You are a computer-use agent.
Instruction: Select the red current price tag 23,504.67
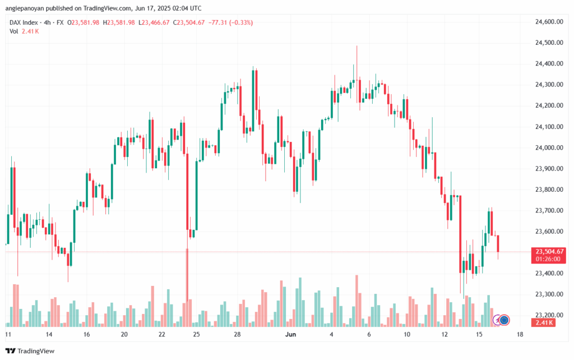click(x=549, y=252)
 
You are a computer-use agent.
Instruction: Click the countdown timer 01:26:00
click(x=549, y=260)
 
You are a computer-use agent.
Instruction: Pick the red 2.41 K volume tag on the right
click(x=544, y=322)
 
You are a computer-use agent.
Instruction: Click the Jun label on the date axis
click(x=290, y=334)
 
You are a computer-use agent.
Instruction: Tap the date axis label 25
click(x=196, y=334)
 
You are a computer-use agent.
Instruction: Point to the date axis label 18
click(x=520, y=334)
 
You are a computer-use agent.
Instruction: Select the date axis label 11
click(x=8, y=334)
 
